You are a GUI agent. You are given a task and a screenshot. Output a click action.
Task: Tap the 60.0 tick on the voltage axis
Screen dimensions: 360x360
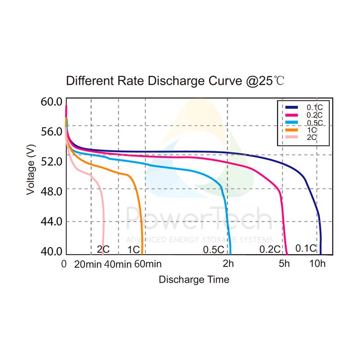coord(50,102)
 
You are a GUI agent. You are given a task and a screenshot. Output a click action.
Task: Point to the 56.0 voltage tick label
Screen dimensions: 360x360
coord(50,131)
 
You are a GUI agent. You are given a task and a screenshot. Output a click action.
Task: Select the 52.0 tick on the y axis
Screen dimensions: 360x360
coord(50,161)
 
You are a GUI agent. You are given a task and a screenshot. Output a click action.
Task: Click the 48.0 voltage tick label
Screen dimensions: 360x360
coord(50,191)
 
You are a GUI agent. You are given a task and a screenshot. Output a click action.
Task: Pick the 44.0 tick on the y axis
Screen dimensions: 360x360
coord(50,221)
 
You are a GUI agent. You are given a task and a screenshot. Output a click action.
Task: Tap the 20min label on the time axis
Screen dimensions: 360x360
coord(88,264)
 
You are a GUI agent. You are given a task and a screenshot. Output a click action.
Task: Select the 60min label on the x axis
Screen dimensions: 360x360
coord(147,264)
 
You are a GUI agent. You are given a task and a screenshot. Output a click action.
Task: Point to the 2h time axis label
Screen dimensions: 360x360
coord(229,264)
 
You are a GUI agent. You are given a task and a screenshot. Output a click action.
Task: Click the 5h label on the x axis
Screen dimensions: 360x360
coord(284,264)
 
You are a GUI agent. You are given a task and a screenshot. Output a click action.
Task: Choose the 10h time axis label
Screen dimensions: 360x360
coord(317,264)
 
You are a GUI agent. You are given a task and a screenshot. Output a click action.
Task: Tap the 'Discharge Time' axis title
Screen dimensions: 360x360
coord(194,279)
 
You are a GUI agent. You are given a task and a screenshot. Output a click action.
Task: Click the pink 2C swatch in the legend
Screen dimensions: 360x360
coord(291,136)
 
